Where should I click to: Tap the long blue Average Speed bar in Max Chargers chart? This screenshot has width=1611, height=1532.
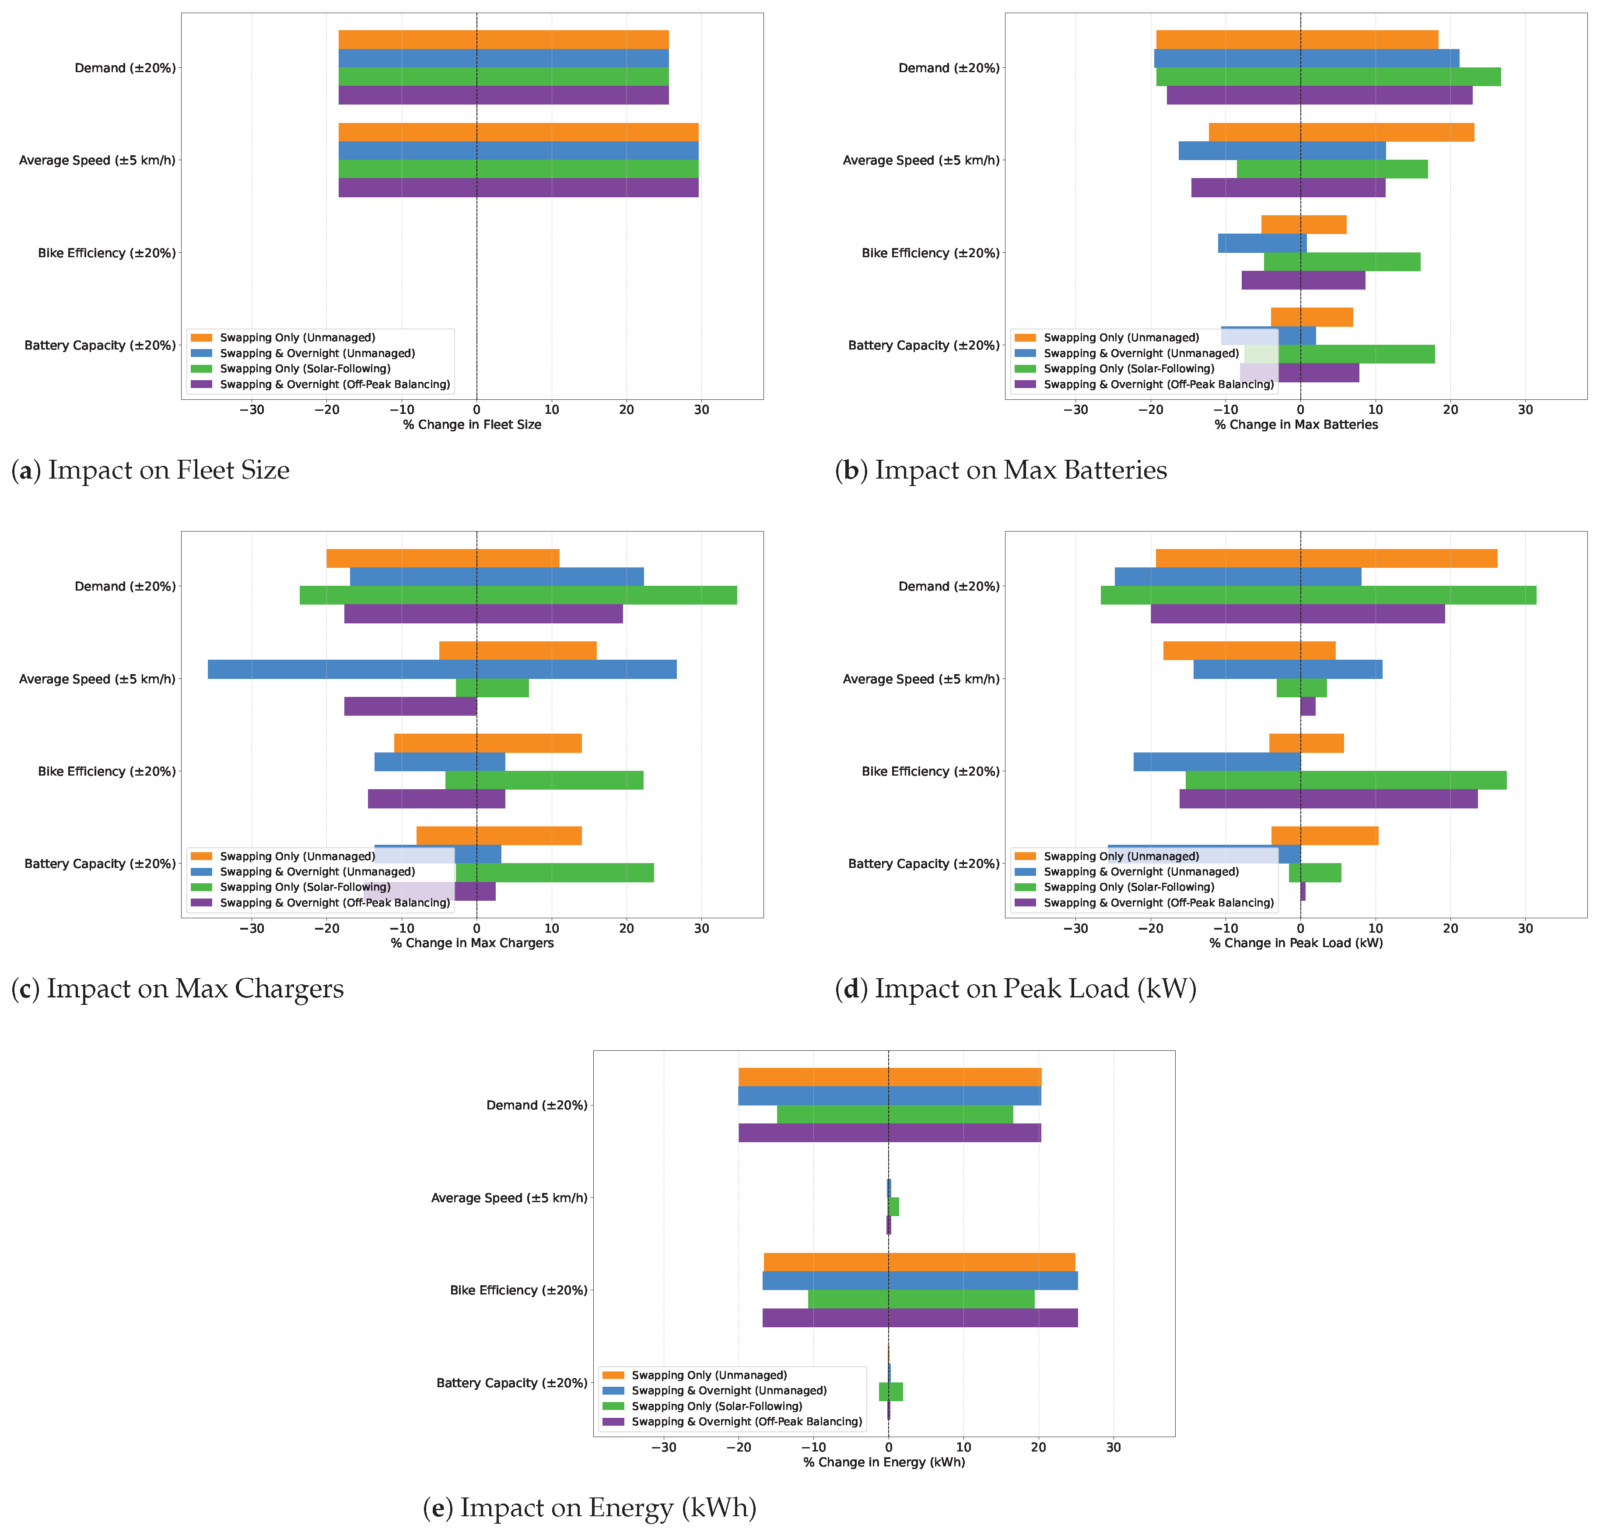coord(441,670)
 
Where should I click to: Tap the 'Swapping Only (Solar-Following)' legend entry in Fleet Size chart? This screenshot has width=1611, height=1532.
coord(304,369)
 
